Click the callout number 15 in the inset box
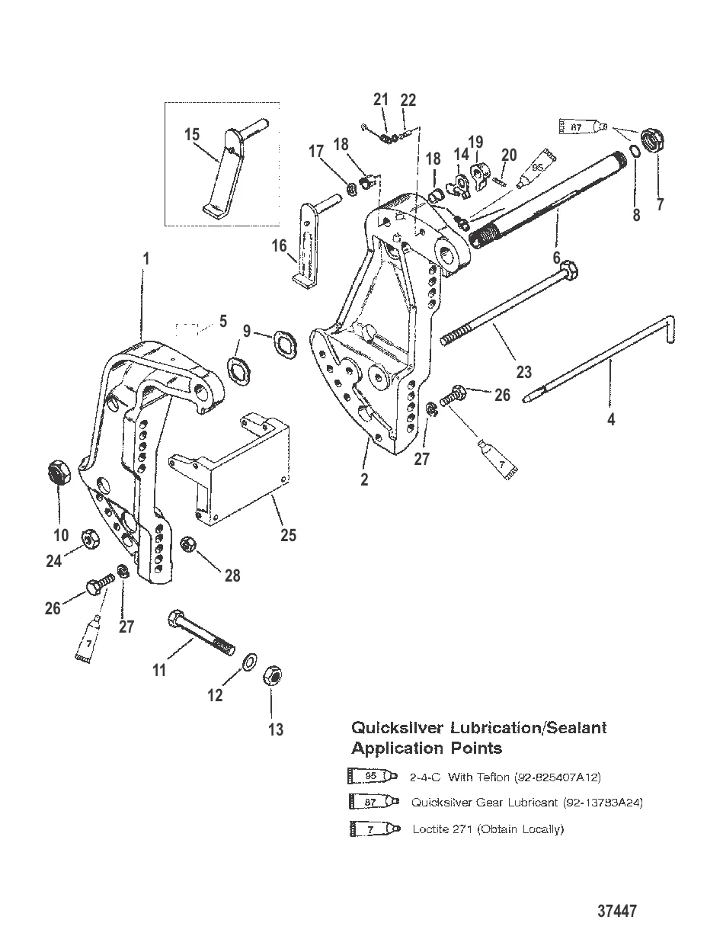coord(192,134)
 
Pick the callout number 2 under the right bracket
coord(365,480)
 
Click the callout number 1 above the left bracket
coord(147,258)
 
